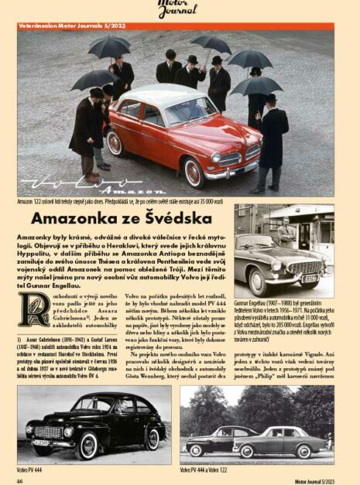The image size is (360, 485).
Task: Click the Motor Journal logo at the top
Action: [x=177, y=9]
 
